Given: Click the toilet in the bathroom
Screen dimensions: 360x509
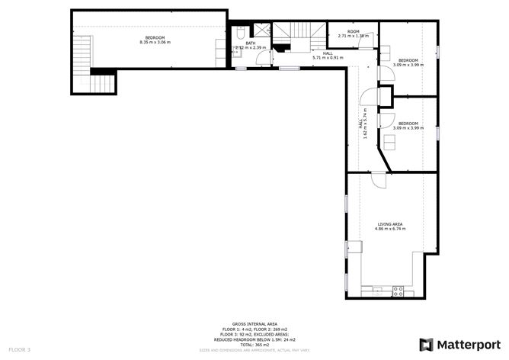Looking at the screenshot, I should tap(238, 35).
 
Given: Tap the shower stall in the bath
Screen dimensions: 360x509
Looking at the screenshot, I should tap(261, 31).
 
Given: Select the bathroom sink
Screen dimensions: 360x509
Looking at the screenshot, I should tap(235, 50).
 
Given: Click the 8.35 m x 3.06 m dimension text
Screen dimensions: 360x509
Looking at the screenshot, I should tap(155, 43).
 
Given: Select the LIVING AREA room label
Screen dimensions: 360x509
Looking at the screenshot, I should tap(389, 223).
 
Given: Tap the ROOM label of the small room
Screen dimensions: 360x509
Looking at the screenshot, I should tap(353, 31).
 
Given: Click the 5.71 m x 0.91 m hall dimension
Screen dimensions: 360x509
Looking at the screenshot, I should tap(328, 58).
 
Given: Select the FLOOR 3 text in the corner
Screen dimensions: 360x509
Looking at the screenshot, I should tap(19, 349).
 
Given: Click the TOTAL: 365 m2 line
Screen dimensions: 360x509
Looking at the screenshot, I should tap(254, 345).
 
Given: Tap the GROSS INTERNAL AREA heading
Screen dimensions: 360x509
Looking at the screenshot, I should tap(254, 323).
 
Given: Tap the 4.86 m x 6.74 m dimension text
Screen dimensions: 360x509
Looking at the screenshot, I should tap(389, 228).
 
